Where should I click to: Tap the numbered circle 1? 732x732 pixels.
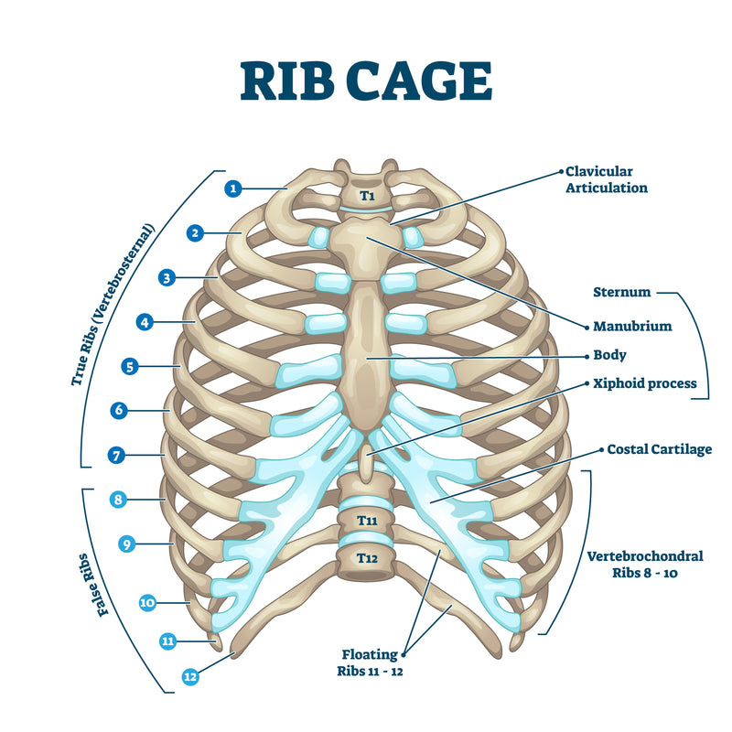click(234, 188)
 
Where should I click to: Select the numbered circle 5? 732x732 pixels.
click(130, 366)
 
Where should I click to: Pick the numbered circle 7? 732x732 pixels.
click(116, 454)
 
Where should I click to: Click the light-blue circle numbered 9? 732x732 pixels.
click(128, 544)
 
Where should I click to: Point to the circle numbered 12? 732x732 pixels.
click(190, 677)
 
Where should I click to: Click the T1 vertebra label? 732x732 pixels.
click(366, 196)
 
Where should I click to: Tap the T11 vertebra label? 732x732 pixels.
click(366, 520)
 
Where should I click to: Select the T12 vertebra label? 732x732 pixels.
click(366, 557)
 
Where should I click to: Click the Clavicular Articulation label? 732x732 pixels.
click(606, 179)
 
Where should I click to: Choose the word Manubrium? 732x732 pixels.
click(632, 326)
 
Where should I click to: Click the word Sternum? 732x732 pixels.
click(620, 293)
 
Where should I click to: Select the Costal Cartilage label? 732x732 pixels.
click(659, 449)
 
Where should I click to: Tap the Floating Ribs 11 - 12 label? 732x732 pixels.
click(370, 662)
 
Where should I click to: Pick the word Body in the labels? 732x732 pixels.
click(609, 355)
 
